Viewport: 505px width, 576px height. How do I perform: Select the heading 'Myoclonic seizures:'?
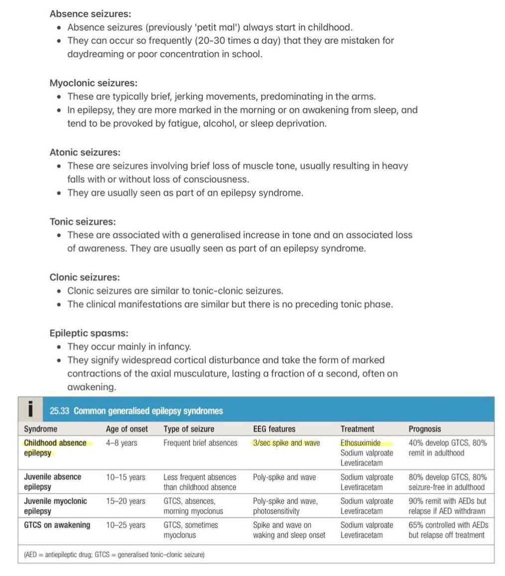[93, 83]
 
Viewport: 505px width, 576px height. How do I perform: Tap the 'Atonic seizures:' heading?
[85, 152]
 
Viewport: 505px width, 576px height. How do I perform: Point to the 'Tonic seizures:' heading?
[82, 222]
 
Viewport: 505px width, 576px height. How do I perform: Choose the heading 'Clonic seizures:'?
[85, 277]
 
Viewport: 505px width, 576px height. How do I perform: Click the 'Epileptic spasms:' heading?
[89, 333]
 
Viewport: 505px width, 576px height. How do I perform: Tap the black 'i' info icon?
[31, 410]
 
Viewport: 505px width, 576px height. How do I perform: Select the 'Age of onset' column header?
[126, 429]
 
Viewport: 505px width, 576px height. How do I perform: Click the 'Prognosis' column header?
[424, 429]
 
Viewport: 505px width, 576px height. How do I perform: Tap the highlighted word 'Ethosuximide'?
[361, 443]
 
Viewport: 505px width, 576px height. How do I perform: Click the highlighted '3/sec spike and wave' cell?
[286, 443]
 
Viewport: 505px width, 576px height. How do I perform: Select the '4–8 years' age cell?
[121, 443]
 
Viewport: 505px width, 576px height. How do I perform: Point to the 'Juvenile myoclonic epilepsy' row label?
[55, 506]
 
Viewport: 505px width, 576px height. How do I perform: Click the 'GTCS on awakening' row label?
[57, 525]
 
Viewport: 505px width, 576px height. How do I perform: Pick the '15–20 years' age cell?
[126, 501]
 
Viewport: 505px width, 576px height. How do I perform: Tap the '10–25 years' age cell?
[126, 525]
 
